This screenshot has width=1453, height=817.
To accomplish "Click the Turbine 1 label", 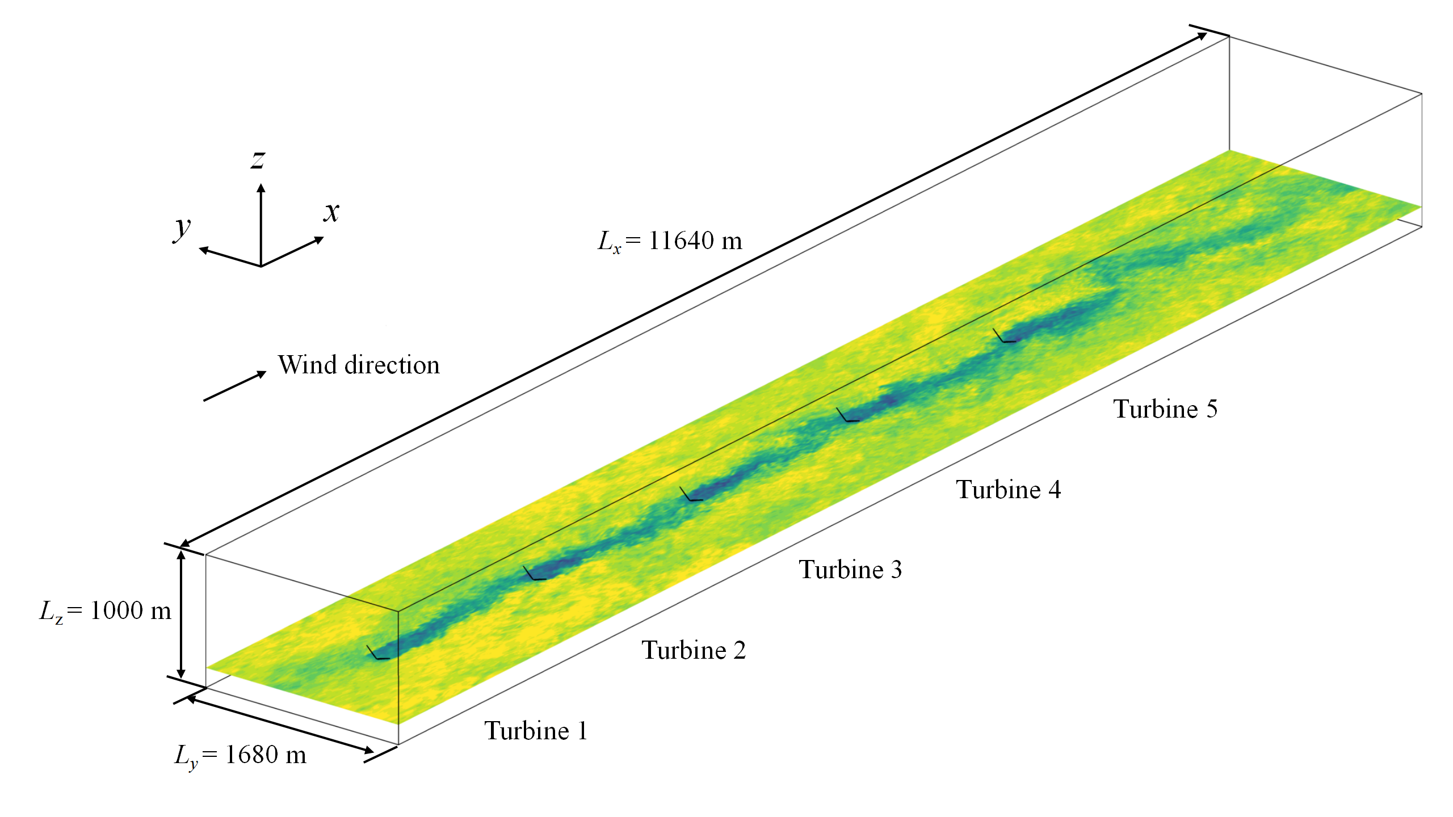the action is (536, 730).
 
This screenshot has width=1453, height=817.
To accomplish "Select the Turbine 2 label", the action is (694, 650).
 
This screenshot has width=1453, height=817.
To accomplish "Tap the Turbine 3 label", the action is (850, 569).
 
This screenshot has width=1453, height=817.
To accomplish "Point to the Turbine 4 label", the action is (1008, 489).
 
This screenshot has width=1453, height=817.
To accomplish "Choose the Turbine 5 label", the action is (1165, 408).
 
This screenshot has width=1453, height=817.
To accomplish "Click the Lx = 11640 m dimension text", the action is (670, 241).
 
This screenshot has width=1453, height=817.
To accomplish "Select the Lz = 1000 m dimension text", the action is (105, 611).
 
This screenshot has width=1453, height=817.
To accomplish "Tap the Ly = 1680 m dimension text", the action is (240, 756).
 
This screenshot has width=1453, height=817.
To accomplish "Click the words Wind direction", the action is (359, 365).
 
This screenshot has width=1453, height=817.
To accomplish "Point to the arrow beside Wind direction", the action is (235, 386).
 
